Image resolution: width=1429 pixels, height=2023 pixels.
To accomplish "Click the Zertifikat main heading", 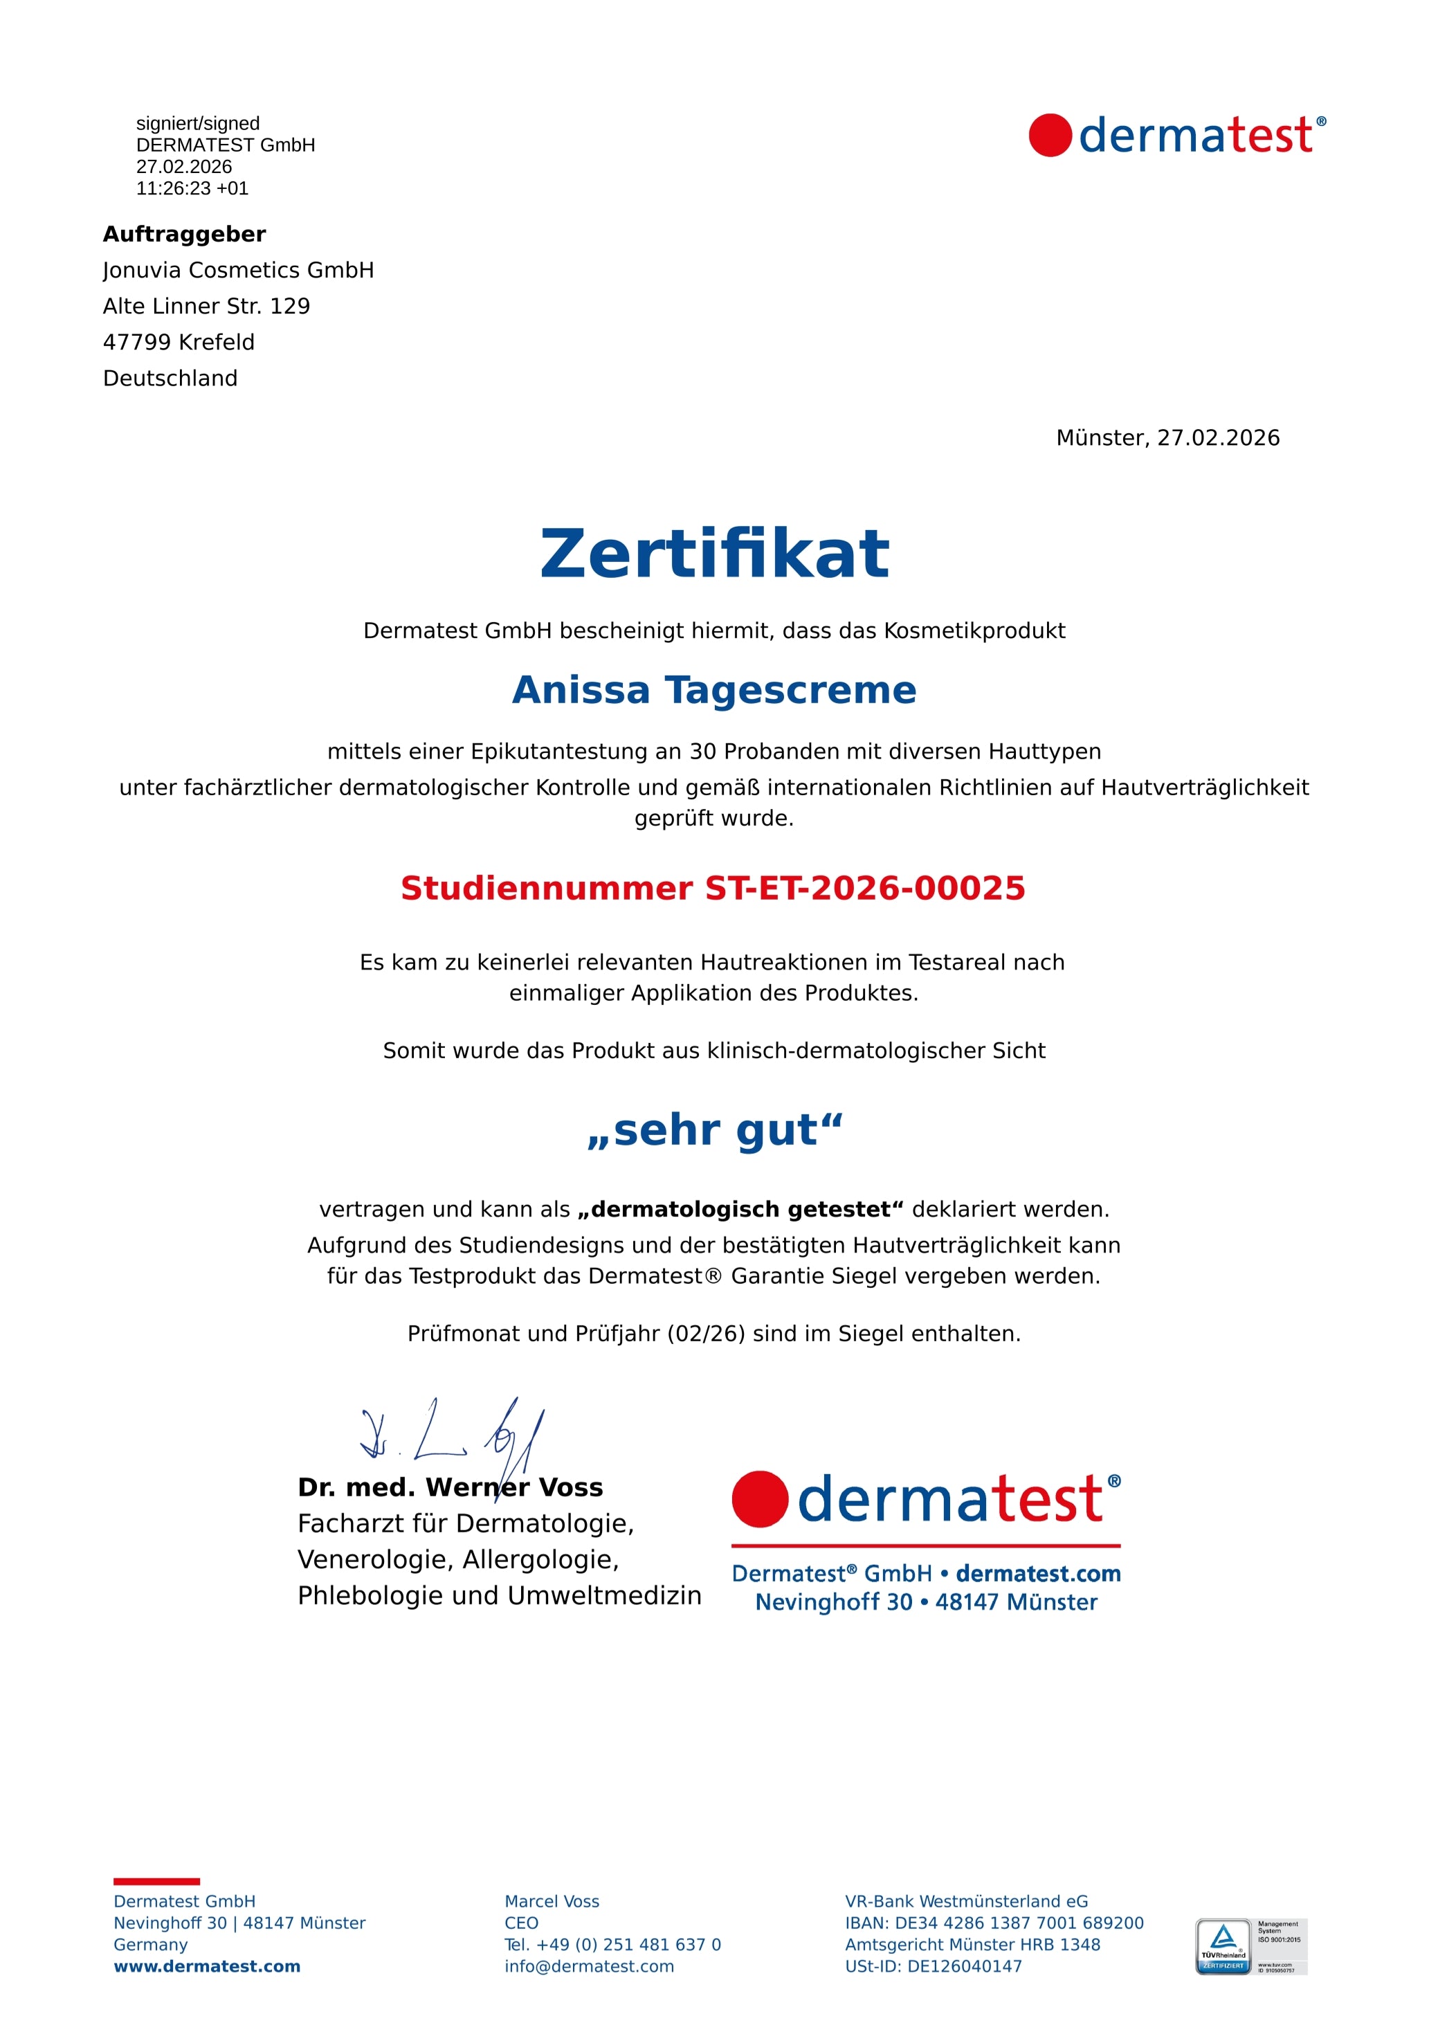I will point(714,554).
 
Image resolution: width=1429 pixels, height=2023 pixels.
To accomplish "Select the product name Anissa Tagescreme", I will point(714,690).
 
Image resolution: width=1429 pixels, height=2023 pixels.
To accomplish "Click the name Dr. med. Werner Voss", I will point(450,1488).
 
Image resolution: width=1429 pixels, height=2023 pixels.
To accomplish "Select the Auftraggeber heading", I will point(184,235).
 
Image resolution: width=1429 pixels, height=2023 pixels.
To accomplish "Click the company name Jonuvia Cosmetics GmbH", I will point(238,271).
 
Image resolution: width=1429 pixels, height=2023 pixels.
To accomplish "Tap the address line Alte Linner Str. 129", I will point(206,307).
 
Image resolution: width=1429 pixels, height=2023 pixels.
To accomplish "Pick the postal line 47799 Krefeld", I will point(179,343).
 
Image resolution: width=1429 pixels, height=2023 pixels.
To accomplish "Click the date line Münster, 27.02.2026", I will point(1167,438).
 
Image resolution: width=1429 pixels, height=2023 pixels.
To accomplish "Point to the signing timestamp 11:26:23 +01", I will point(192,188).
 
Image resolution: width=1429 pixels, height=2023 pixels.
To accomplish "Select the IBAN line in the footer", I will point(994,1923).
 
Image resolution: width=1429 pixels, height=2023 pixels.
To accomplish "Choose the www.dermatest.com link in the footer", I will point(207,1967).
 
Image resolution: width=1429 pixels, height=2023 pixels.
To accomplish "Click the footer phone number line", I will point(612,1945).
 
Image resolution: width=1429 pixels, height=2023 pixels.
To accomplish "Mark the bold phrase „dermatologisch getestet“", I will point(741,1210).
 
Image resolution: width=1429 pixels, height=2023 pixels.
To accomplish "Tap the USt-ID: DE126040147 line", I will point(933,1967).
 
